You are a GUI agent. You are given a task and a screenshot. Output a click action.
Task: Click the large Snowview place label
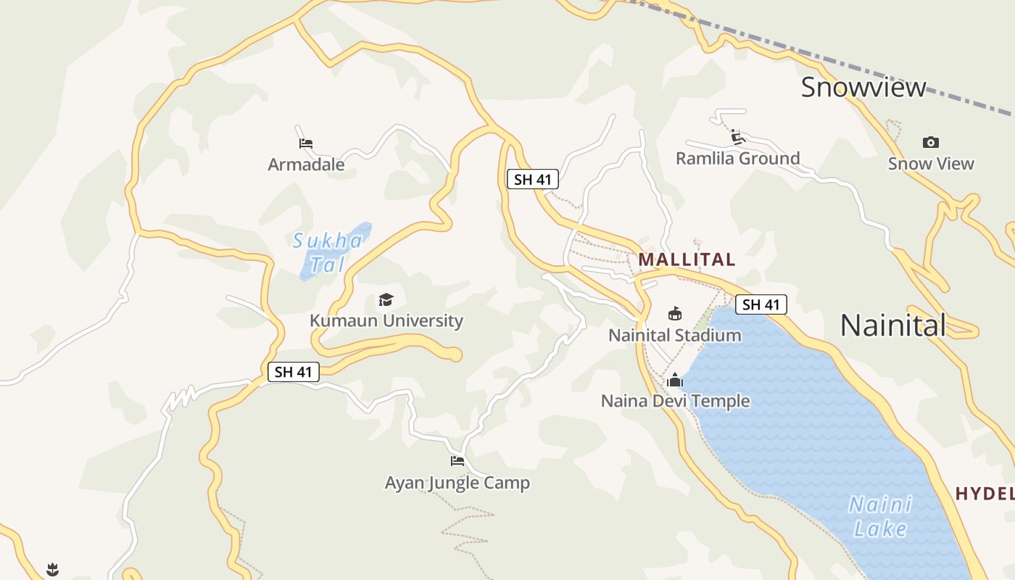click(x=863, y=88)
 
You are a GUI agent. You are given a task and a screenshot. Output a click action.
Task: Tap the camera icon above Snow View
click(x=931, y=142)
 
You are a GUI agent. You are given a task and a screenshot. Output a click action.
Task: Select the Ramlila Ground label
click(x=737, y=158)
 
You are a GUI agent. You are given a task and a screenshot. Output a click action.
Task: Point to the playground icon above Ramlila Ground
click(x=738, y=136)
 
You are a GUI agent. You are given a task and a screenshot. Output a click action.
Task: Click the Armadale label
click(x=306, y=165)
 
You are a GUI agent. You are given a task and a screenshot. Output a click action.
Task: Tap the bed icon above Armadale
click(x=306, y=143)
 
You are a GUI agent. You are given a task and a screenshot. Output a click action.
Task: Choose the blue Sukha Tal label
click(x=328, y=252)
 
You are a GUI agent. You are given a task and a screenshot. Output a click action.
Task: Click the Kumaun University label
click(x=386, y=320)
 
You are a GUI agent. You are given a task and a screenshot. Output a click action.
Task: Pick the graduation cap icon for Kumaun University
click(x=386, y=299)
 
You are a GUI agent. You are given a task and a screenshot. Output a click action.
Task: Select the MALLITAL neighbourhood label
click(x=687, y=260)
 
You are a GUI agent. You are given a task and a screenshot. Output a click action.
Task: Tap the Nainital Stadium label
click(x=674, y=335)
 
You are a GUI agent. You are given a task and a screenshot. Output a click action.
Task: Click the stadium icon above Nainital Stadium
click(x=674, y=313)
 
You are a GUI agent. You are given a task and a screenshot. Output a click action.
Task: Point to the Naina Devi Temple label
click(x=675, y=401)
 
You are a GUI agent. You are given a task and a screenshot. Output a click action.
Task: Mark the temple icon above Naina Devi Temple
click(x=675, y=379)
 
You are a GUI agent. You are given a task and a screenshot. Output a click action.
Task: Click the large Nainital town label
click(x=892, y=325)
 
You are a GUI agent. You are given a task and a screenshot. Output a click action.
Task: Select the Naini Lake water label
click(x=880, y=515)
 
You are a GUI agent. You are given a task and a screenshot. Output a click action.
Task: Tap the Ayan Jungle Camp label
click(x=457, y=483)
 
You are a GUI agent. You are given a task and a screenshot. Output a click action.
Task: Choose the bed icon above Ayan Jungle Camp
click(x=457, y=460)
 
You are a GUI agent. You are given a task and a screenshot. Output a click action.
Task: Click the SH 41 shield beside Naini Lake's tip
click(x=761, y=304)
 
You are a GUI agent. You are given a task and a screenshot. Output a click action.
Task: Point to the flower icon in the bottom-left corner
click(x=52, y=569)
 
